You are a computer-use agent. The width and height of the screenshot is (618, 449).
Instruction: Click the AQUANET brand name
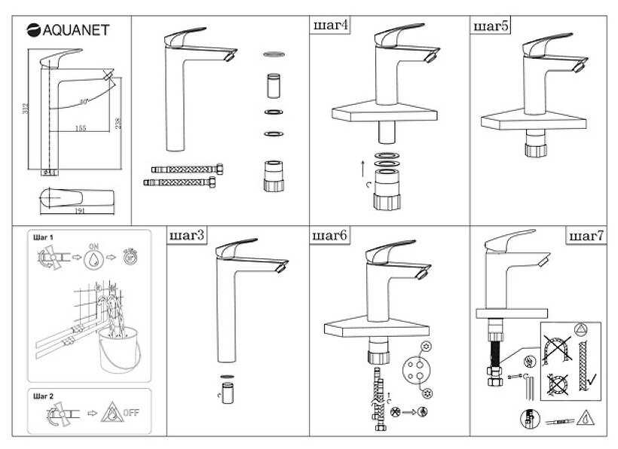(x=75, y=30)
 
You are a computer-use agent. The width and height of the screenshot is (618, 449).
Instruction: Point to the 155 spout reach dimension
(x=81, y=127)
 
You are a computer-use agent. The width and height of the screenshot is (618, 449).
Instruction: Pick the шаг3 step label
(x=186, y=236)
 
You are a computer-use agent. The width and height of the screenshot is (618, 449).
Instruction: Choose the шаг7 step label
(x=586, y=236)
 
